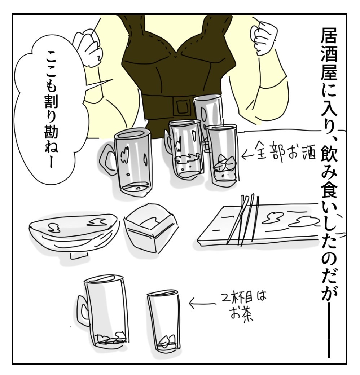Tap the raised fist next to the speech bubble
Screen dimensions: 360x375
(88, 47)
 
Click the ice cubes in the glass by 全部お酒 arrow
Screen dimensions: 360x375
(225, 163)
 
